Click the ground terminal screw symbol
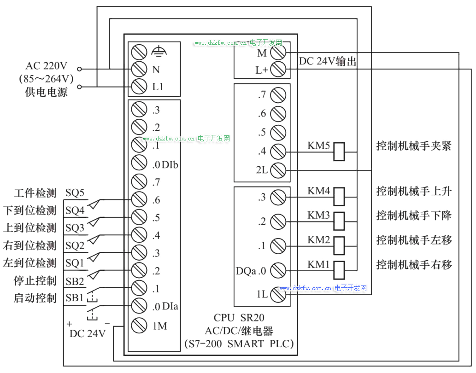[x=139, y=52]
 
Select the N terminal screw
[x=139, y=69]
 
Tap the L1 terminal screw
[x=139, y=86]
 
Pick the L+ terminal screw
[x=278, y=70]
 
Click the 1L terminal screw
[x=278, y=294]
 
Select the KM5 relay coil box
[x=339, y=151]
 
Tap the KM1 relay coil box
[x=339, y=269]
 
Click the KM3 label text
[x=319, y=215]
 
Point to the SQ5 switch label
[x=75, y=193]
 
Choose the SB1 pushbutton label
[x=75, y=298]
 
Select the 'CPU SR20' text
[x=239, y=318]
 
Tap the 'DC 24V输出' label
[x=328, y=62]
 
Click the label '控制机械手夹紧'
[x=414, y=146]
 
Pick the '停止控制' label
[x=35, y=280]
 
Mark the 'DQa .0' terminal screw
[x=278, y=270]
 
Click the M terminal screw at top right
[x=278, y=52]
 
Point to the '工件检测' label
[x=35, y=193]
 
